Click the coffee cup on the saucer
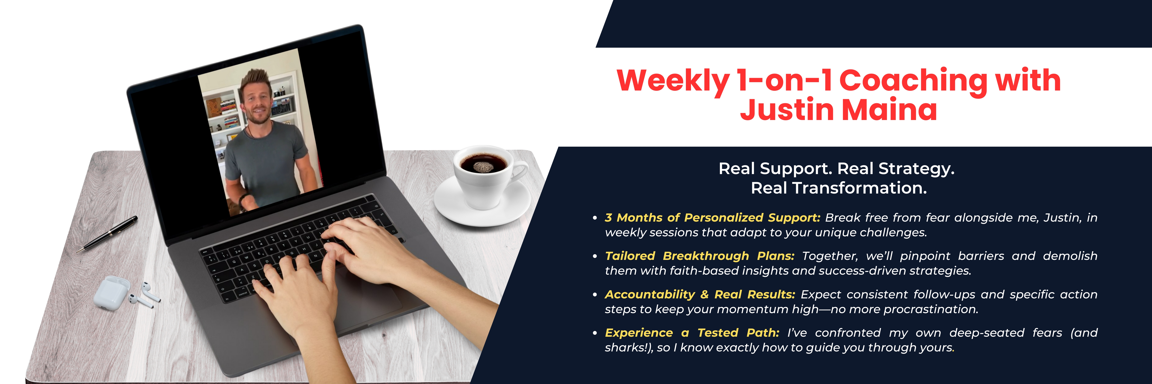coord(485,177)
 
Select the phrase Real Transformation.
coord(838,188)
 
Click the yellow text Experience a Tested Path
coord(692,333)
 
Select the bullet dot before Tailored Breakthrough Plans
coord(595,257)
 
